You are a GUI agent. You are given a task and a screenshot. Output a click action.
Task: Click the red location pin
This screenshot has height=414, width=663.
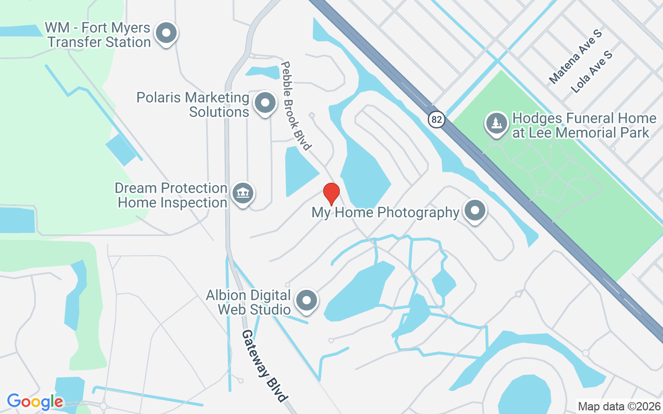[x=331, y=194]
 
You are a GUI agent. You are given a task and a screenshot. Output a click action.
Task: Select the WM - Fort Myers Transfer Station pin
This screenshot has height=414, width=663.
[x=166, y=33]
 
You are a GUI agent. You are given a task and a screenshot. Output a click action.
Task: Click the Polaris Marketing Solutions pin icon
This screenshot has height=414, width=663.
[x=266, y=102]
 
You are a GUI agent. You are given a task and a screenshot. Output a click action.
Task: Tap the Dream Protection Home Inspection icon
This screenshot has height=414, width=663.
[x=242, y=194]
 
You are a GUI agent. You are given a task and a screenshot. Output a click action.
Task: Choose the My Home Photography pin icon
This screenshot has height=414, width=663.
[x=474, y=211]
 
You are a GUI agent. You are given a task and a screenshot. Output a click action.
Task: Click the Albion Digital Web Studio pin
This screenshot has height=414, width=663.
[x=307, y=300]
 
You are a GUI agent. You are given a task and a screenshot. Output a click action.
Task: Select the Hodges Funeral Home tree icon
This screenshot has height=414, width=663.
[x=497, y=123]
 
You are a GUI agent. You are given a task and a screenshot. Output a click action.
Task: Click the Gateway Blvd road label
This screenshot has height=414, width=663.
[x=264, y=365]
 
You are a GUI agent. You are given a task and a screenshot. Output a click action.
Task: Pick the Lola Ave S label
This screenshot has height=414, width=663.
[x=592, y=72]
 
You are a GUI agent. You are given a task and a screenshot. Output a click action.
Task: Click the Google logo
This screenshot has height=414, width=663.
[x=35, y=402]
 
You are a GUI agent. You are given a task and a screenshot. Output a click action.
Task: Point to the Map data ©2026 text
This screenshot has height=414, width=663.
[x=619, y=406]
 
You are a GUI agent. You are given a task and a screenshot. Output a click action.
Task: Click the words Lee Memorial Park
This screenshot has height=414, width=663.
[x=580, y=133]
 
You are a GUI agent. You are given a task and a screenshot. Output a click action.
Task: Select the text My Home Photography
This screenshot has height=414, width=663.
[x=385, y=212]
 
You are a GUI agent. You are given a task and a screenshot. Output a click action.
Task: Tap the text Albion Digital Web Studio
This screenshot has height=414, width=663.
[x=248, y=302]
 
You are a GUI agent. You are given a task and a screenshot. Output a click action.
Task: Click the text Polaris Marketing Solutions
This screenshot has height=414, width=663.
[x=193, y=105]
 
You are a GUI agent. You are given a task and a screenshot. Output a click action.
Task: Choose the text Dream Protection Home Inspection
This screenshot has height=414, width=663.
[x=171, y=195]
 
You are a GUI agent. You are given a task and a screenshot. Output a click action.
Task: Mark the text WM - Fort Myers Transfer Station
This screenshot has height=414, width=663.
[x=97, y=35]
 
